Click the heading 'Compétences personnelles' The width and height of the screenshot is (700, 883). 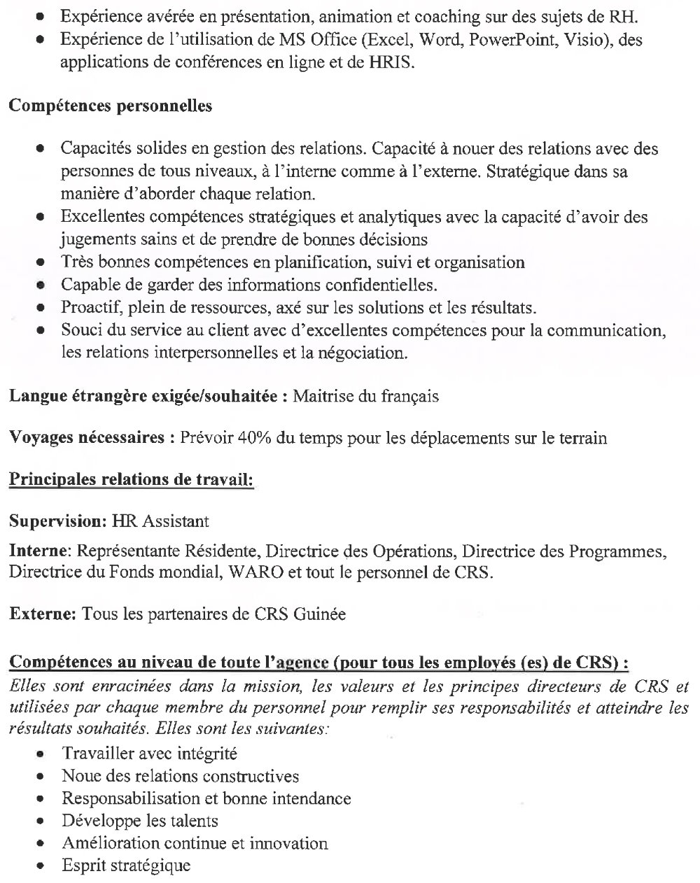(110, 106)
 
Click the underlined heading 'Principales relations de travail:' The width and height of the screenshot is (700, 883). (131, 480)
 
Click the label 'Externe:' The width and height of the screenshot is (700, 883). (42, 614)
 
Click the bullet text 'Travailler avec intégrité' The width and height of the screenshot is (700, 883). (149, 754)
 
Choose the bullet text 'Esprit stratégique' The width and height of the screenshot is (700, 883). (126, 866)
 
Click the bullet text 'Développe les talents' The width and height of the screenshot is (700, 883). (140, 821)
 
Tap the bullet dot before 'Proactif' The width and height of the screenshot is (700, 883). (42, 308)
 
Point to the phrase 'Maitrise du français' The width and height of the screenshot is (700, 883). (365, 397)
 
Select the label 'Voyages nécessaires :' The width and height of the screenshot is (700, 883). (91, 439)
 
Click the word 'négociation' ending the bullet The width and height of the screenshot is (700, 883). (362, 353)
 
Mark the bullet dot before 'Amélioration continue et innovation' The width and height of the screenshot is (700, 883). (42, 844)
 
